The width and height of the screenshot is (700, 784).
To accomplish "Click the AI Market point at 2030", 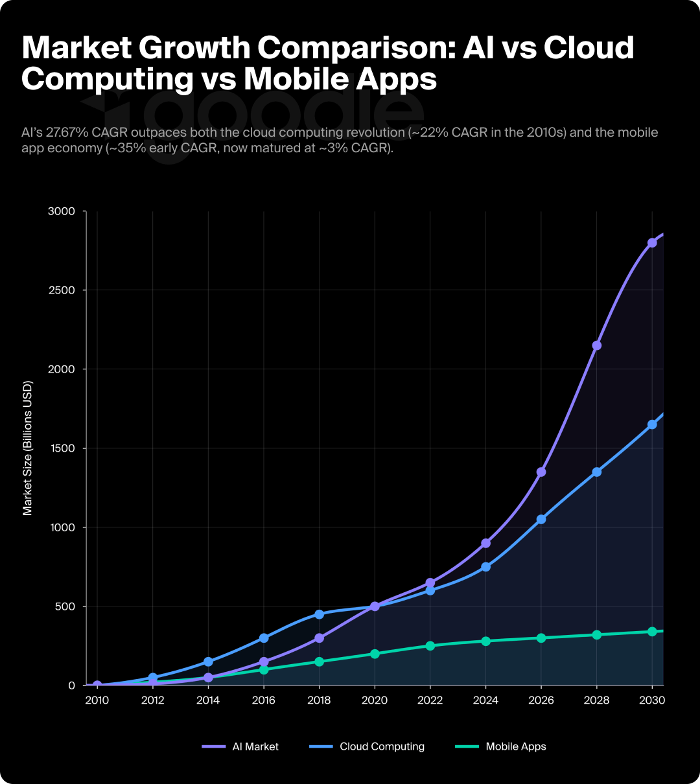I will click(x=652, y=242).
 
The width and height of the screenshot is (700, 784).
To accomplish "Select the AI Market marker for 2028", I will click(x=597, y=345).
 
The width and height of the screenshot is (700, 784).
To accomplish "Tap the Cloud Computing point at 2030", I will click(x=652, y=424).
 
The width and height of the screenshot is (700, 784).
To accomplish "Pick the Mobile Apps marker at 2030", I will click(x=652, y=632).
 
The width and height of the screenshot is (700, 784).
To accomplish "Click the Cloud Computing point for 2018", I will click(x=319, y=614).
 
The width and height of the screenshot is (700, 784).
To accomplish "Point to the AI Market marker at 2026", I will click(x=541, y=472).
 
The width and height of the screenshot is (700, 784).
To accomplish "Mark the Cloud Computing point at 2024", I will click(x=485, y=567).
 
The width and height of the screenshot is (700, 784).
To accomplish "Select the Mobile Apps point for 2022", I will click(x=430, y=646).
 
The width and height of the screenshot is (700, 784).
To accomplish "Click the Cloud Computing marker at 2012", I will click(x=153, y=678).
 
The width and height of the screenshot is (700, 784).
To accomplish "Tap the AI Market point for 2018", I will click(x=319, y=638).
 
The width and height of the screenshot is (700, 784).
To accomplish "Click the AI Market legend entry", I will click(x=240, y=746).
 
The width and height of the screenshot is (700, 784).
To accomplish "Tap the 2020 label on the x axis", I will click(x=375, y=700).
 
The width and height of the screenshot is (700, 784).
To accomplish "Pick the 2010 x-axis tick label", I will click(x=97, y=700).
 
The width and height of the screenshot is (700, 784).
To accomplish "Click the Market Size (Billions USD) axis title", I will click(x=27, y=448).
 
